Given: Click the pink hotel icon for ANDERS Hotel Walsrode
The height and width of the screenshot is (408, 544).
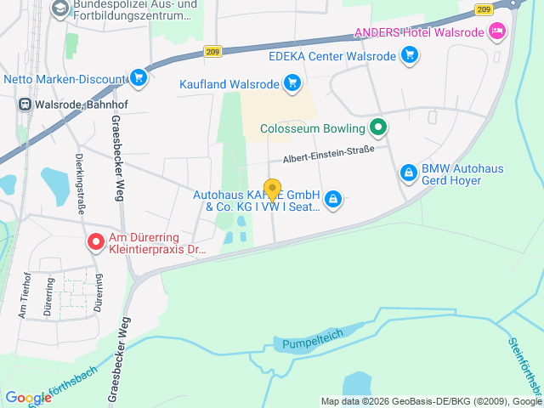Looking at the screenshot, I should (x=497, y=33).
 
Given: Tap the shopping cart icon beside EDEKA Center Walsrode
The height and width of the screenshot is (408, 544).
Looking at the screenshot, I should (x=411, y=56).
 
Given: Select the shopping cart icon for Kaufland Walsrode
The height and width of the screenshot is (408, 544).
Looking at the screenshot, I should (x=292, y=83).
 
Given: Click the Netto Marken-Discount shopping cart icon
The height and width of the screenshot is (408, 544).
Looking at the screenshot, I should (x=139, y=79).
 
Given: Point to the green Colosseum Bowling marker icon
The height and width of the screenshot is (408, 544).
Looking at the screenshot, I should (x=379, y=129).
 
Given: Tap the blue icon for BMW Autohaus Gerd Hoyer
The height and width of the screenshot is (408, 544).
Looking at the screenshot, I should (x=409, y=173).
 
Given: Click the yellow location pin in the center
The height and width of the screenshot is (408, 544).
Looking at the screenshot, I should (x=273, y=190).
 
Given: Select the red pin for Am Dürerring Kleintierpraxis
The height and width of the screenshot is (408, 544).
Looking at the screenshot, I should (x=96, y=243).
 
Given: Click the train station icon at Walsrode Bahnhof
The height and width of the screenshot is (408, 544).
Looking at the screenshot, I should (x=25, y=105).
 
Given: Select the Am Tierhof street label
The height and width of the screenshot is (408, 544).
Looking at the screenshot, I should (x=26, y=294).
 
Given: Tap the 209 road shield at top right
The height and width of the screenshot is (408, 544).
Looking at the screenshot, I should (x=484, y=9).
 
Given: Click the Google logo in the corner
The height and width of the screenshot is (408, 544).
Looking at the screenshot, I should (x=28, y=397).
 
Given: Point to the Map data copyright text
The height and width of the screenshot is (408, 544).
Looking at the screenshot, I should (x=431, y=401).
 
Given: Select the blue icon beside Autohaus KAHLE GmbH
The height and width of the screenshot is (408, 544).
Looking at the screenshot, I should (x=333, y=200).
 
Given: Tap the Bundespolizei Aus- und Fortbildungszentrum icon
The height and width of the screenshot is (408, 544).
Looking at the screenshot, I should (x=60, y=9).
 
